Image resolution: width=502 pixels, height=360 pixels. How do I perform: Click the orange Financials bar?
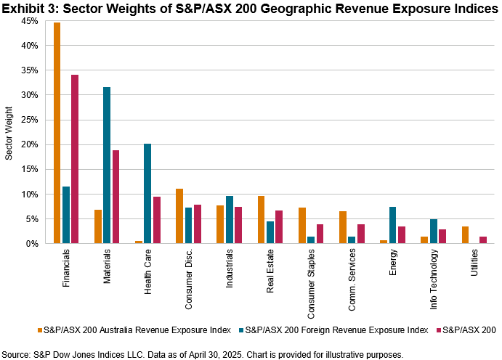pos(57,134)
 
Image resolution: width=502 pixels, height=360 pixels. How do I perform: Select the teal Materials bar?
pos(107,165)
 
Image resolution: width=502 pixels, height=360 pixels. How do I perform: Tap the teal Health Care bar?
pos(147,194)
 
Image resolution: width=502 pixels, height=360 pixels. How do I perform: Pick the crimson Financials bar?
pos(75,160)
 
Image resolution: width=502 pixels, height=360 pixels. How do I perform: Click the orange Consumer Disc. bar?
pos(179,216)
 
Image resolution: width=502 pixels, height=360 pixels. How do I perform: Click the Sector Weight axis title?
pos(9,133)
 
